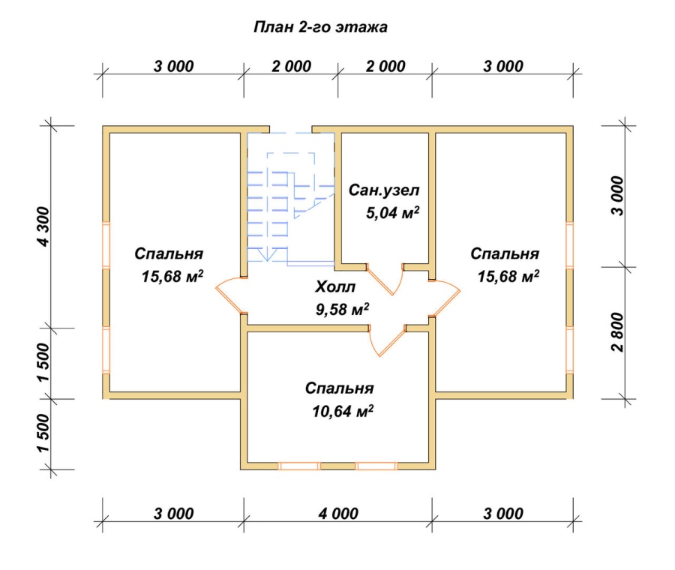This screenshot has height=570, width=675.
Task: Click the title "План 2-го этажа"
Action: coord(321,27)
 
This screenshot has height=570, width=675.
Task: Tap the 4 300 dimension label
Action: coord(44,227)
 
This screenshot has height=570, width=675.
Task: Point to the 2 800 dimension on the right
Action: coord(617,332)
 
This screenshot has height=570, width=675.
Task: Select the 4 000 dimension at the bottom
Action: coord(338,513)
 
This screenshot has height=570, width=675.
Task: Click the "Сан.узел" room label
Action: coord(384,190)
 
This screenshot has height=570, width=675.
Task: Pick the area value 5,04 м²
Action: coord(392,212)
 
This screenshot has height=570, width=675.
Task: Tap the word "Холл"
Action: coord(335,286)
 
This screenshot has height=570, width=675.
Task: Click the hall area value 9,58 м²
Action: coord(343,309)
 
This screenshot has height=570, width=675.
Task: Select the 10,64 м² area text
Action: coord(343,411)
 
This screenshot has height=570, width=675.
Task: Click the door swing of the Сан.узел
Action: coord(385,279)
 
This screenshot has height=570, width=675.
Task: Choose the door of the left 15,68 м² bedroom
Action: coord(231,295)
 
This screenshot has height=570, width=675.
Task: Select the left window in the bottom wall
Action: coord(299,466)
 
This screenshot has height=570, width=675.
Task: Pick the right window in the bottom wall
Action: coord(376,466)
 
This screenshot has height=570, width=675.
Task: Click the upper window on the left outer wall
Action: coord(106,245)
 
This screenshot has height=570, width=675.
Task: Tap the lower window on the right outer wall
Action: coord(569,349)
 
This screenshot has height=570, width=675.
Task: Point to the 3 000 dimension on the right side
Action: coord(617,196)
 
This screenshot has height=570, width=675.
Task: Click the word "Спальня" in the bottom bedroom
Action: coord(339,388)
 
